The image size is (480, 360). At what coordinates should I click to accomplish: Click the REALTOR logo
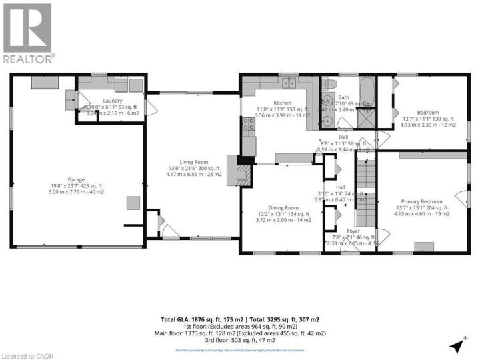[27, 33]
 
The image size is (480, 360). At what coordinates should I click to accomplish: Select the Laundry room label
[112, 100]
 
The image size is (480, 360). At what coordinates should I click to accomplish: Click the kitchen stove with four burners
[248, 123]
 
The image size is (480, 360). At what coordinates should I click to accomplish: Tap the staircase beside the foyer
[365, 193]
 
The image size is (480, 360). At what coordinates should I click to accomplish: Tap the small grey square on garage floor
[134, 203]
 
